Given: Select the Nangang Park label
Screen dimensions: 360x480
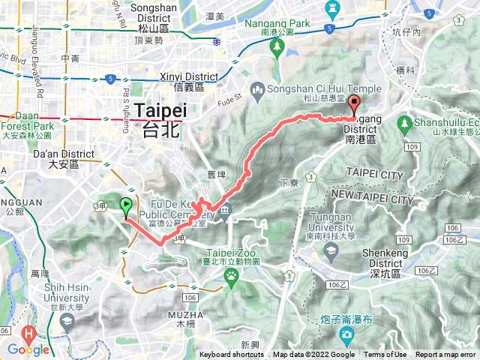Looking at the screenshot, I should (277, 24).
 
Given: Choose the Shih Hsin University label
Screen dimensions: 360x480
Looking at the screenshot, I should (57, 297).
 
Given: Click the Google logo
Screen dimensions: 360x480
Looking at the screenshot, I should (28, 349).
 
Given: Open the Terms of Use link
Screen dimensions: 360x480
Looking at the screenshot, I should (385, 355).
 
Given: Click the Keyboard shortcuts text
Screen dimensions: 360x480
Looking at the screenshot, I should (232, 355).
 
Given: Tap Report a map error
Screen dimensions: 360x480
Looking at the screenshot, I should (445, 355).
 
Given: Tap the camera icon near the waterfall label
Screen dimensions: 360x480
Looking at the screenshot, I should (346, 332).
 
